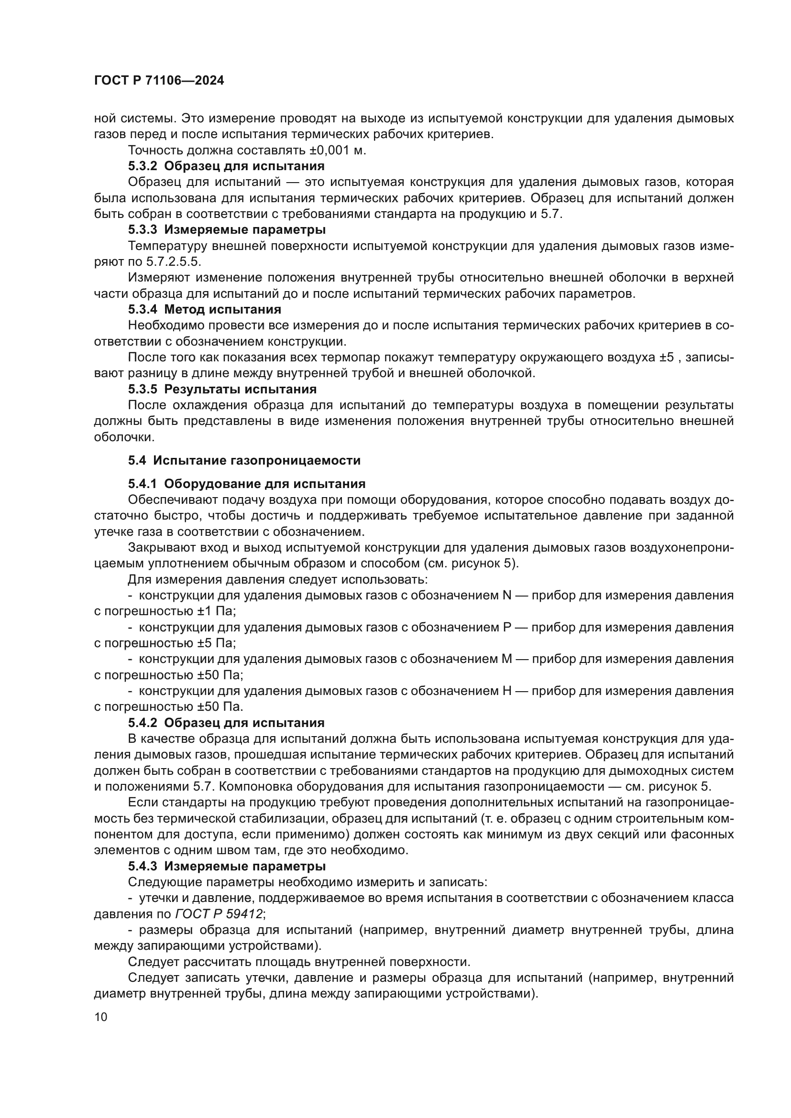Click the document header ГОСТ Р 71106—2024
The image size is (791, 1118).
(159, 81)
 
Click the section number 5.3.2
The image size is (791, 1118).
(143, 166)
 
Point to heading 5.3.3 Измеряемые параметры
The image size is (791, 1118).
(227, 229)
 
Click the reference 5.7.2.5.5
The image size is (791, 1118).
(174, 261)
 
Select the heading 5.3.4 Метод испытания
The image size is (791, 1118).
(205, 309)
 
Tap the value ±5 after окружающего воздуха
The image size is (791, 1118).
(667, 358)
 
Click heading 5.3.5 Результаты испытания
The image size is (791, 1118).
(222, 389)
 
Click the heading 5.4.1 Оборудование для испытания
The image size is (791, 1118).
(246, 484)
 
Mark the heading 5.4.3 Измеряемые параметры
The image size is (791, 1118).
(227, 866)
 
